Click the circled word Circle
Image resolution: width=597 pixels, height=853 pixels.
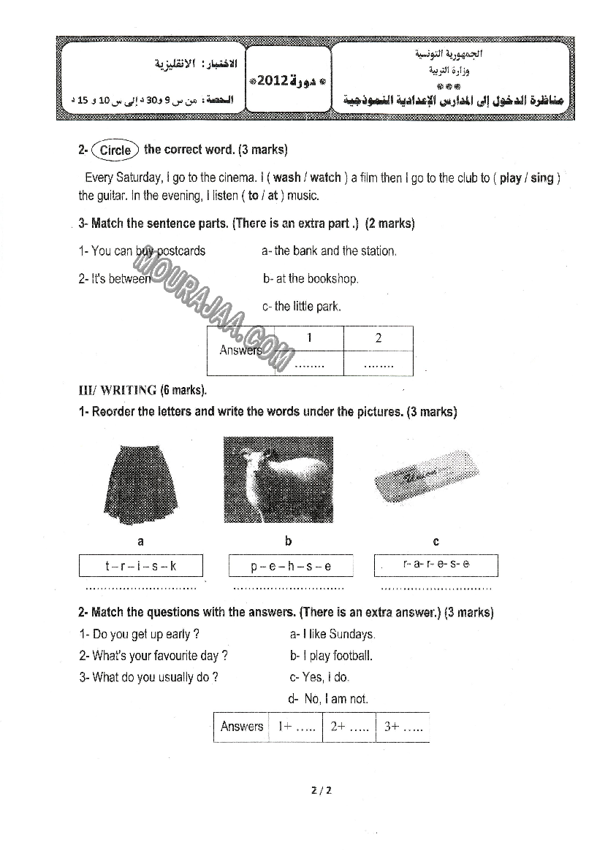115,150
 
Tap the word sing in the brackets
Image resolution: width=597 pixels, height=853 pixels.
541,177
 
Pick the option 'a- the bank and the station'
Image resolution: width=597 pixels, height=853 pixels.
329,250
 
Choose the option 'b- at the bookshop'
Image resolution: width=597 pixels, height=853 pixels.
311,278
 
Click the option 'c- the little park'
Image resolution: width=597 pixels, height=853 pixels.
301,306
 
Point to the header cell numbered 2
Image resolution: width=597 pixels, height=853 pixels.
378,338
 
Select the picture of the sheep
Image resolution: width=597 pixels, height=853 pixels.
278,480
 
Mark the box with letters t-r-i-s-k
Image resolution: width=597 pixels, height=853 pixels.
140,566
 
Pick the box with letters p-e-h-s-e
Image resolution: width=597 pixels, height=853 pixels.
291,566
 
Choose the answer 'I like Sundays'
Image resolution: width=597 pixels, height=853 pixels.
332,634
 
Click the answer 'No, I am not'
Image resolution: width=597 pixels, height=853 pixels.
328,699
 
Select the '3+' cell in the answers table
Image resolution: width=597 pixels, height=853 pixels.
403,727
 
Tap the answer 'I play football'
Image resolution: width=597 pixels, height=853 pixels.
331,655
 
